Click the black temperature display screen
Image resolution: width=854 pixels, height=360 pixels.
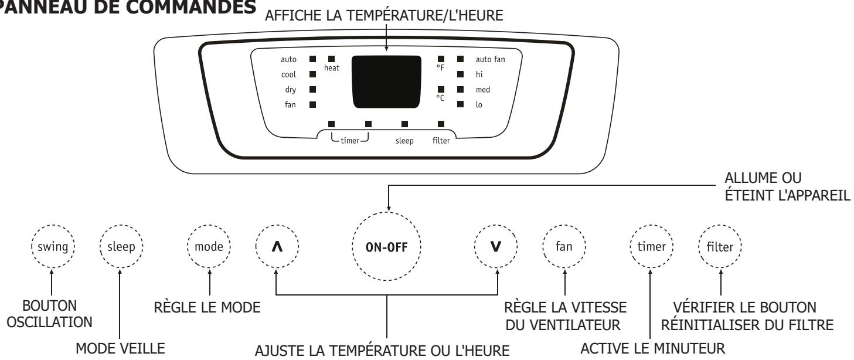pos(387,81)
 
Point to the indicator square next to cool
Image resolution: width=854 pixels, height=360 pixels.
pos(312,74)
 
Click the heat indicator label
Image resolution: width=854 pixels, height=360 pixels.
pos(332,69)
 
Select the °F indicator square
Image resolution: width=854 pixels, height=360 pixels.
pos(441,59)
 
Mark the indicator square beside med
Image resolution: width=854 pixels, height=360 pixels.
pos(461,90)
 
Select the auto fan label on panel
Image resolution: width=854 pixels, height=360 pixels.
pos(491,59)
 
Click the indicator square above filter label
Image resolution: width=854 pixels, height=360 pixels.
pos(441,124)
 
